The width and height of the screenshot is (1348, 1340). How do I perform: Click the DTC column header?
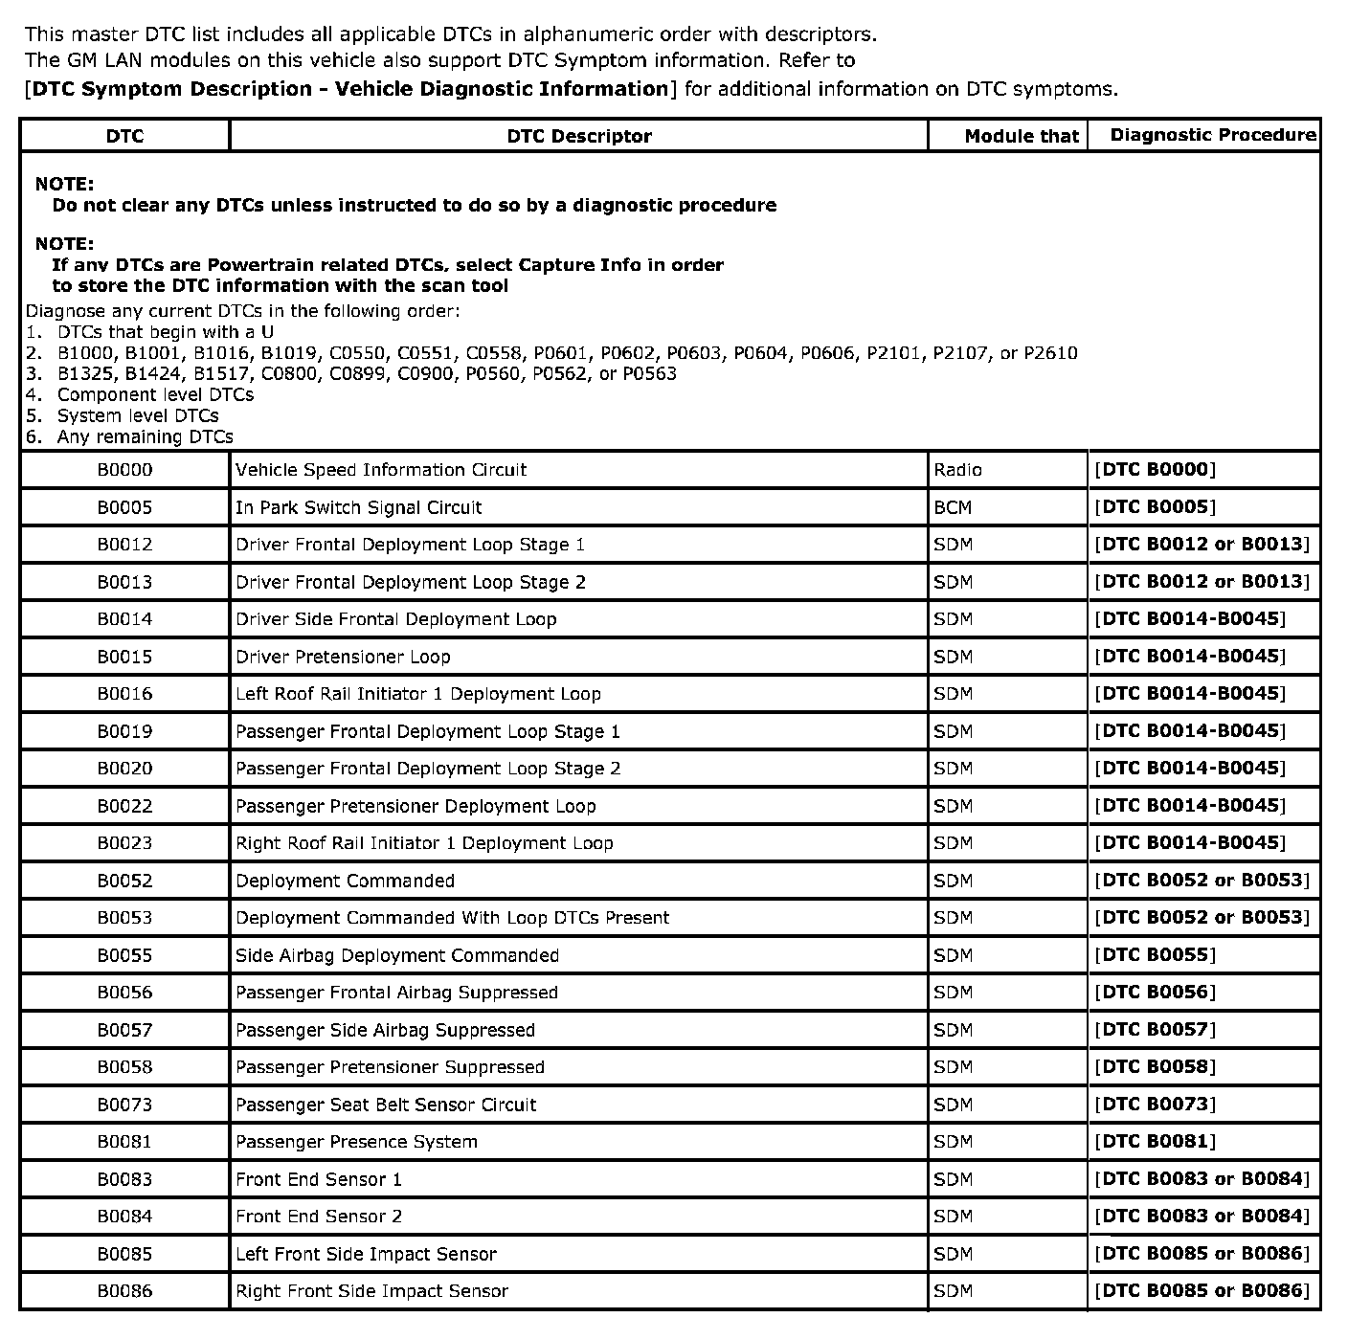124,136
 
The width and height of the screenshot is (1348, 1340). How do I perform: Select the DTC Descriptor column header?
579,136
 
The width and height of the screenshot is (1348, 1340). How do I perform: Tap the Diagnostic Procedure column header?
1212,135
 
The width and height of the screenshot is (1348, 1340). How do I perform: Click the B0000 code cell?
124,470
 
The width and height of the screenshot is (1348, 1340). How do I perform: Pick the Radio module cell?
957,470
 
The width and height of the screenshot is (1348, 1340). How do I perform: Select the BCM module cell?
953,507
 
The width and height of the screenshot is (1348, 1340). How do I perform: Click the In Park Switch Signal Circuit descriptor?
358,507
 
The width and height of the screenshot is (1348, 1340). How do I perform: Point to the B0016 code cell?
124,694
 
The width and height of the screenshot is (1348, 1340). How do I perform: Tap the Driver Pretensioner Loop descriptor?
342,657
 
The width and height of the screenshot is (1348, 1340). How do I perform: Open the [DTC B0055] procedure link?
1155,955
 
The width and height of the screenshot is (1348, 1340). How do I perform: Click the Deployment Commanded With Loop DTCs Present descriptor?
452,918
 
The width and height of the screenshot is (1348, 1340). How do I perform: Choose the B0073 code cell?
124,1105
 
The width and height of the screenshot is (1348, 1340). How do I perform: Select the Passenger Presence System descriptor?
356,1142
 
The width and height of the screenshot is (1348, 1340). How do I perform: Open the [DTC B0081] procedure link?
1155,1142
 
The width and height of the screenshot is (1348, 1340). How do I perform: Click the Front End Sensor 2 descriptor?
319,1217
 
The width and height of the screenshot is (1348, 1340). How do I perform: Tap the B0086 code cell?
124,1291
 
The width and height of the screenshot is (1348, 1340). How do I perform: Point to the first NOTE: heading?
64,184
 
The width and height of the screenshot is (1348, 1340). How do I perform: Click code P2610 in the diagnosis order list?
1050,353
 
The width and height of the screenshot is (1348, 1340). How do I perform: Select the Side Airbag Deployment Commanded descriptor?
396,955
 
